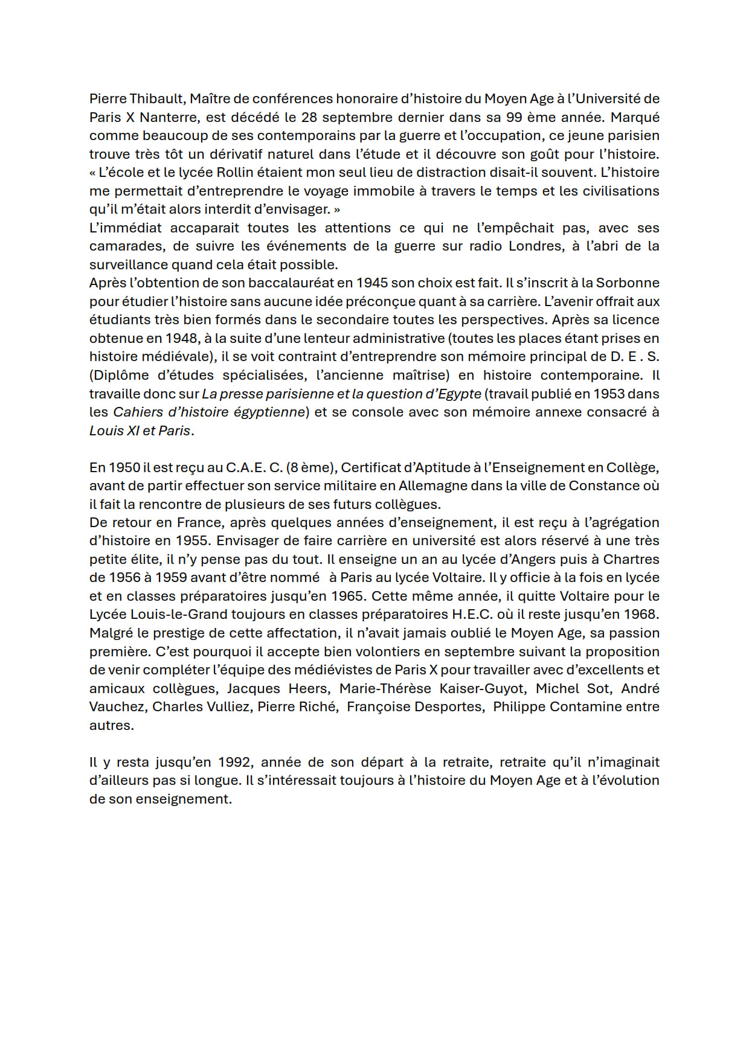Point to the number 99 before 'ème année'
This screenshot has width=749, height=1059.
point(513,117)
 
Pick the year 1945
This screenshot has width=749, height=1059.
point(372,283)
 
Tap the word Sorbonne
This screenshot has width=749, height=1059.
point(628,283)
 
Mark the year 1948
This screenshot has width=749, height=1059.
point(181,339)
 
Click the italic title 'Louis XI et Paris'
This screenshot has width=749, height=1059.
point(140,431)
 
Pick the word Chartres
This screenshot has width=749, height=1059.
point(631,560)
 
